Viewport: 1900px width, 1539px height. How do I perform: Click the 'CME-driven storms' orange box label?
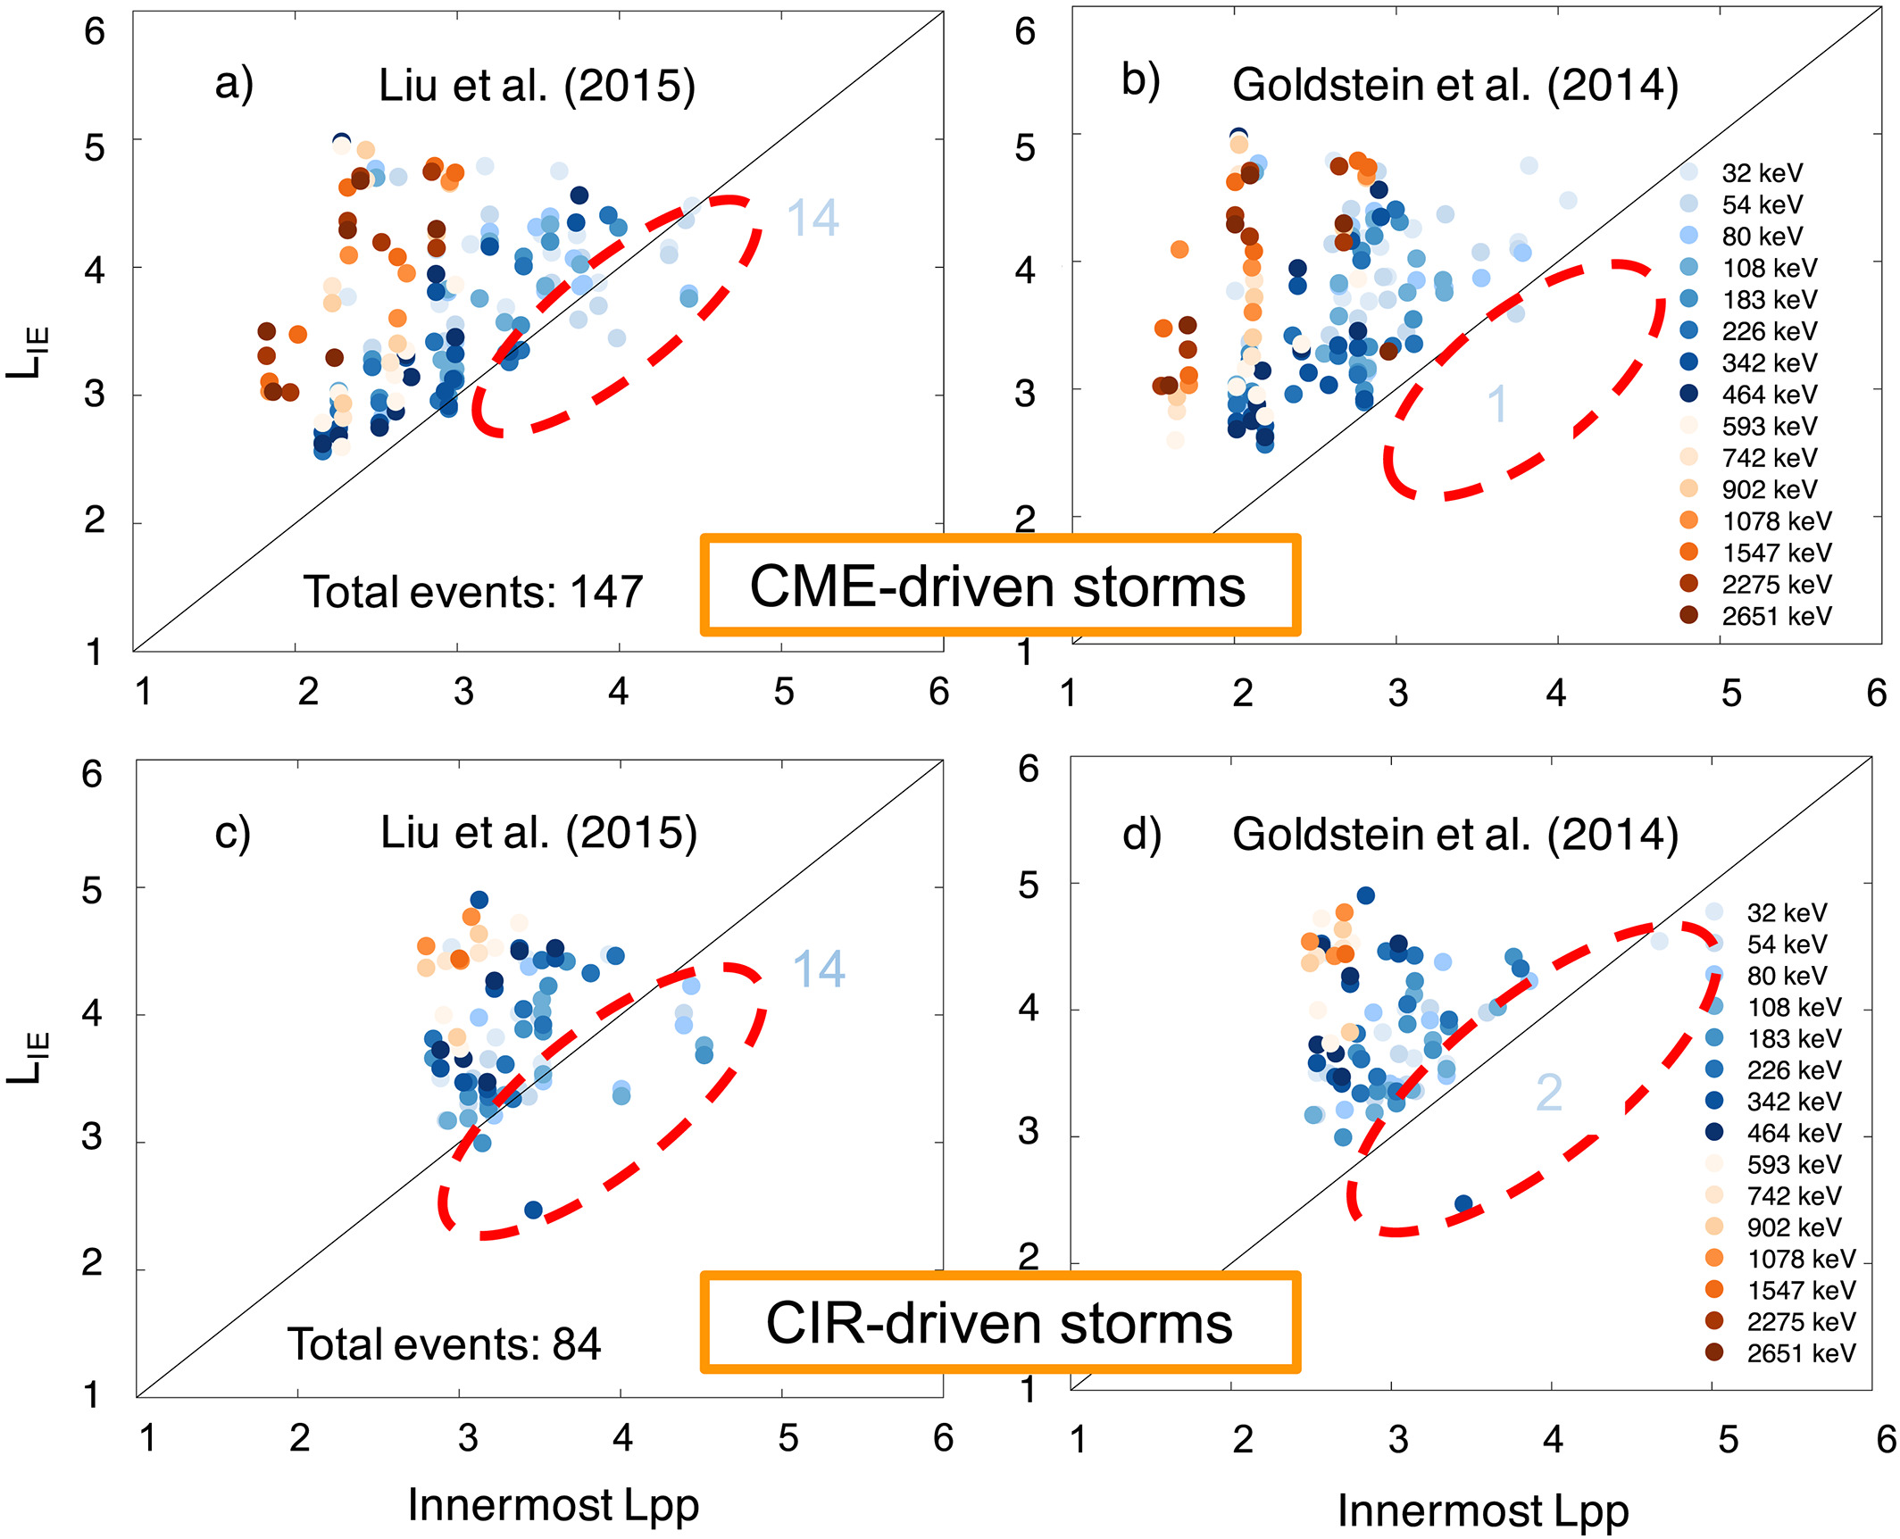(999, 586)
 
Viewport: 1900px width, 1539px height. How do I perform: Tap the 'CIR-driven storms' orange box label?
(999, 1323)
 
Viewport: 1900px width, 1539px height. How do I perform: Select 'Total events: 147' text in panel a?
(473, 592)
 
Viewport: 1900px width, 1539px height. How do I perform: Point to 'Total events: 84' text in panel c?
(444, 1344)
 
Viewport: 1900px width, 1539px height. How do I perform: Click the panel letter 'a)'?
(234, 85)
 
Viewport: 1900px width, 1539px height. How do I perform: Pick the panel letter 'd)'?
(1142, 835)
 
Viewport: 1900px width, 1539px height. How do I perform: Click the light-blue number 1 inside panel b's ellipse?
(1497, 405)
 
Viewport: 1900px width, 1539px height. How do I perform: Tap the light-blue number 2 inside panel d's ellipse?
(1549, 1093)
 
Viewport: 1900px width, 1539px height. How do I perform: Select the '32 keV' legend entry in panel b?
(1762, 173)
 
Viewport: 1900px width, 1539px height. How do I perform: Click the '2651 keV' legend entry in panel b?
(1776, 616)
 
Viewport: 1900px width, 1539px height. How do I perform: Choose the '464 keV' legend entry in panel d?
(1794, 1133)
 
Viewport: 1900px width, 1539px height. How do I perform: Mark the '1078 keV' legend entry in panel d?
(1801, 1259)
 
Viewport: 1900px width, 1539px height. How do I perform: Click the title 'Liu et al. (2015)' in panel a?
(537, 86)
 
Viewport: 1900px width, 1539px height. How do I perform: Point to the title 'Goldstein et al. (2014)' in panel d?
(1455, 835)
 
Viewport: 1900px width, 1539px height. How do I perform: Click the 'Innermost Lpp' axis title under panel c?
(554, 1505)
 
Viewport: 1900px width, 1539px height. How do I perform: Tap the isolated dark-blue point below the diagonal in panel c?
(533, 1210)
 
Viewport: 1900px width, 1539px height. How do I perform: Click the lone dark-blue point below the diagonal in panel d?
(1463, 1204)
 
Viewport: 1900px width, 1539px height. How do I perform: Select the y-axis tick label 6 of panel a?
(95, 32)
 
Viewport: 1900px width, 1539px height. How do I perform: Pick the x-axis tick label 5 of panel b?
(1731, 694)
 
